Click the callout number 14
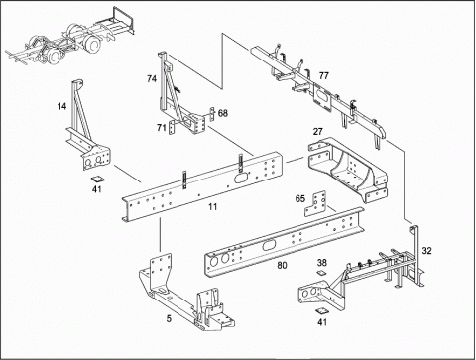pos(61,106)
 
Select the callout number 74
pos(152,79)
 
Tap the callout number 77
pos(324,75)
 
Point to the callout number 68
pos(223,113)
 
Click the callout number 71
pos(162,127)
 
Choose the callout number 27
pos(317,132)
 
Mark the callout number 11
pos(213,207)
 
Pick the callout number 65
pos(300,198)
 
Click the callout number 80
pos(282,265)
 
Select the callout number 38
pos(322,263)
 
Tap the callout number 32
pos(426,251)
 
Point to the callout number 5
pos(169,319)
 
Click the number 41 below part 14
pos(97,189)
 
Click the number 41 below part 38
pos(322,321)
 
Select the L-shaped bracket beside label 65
pos(315,204)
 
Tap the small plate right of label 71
pos(172,128)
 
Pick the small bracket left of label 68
pos(212,114)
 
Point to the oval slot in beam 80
pos(269,246)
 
